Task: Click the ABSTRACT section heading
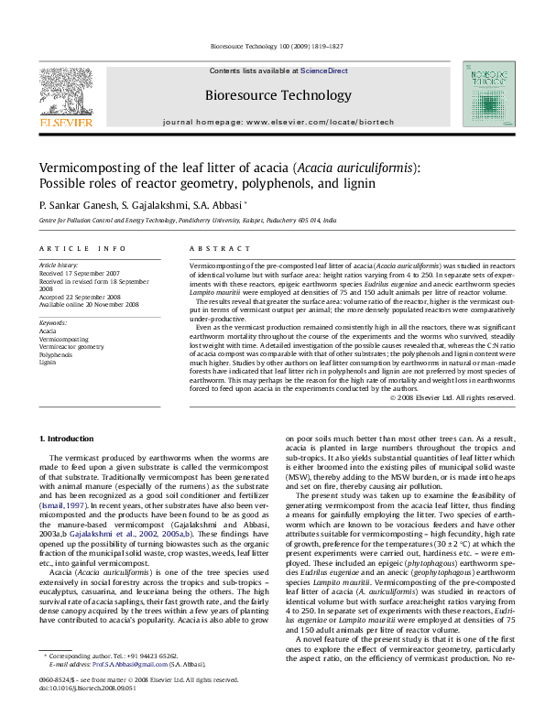[213, 248]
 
